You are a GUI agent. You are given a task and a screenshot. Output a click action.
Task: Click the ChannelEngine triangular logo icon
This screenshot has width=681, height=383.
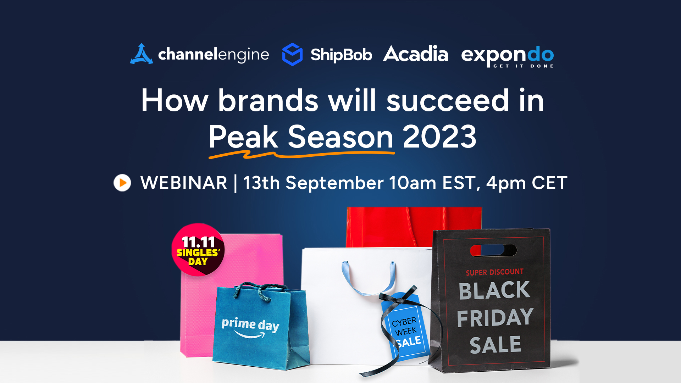142,54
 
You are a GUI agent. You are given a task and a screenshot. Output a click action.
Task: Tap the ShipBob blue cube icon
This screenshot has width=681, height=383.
292,54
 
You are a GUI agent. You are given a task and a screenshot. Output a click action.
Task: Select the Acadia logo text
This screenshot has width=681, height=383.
415,54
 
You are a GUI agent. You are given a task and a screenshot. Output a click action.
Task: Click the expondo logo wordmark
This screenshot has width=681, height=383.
507,56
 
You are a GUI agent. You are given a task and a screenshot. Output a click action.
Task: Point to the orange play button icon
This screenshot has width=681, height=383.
122,183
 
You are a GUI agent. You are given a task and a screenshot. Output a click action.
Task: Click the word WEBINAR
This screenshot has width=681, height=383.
184,183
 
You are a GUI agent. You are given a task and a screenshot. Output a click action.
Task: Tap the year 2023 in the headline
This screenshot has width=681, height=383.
439,137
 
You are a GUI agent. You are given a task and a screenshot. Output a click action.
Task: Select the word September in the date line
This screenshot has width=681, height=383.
334,183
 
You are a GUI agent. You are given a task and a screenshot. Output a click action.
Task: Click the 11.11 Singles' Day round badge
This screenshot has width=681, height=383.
198,250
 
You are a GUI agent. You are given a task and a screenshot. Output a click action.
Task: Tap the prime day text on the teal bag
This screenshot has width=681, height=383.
250,324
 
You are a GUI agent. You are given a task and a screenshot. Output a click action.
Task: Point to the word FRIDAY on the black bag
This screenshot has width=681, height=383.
495,317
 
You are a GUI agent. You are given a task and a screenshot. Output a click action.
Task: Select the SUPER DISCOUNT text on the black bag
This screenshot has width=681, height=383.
495,272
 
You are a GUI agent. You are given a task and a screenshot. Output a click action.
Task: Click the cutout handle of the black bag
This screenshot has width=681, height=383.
493,250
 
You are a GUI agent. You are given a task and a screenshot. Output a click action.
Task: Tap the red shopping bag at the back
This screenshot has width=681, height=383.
414,227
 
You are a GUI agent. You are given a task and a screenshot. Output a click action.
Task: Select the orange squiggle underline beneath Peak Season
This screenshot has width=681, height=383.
301,155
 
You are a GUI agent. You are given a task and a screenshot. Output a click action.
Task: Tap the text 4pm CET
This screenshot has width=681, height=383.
527,183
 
